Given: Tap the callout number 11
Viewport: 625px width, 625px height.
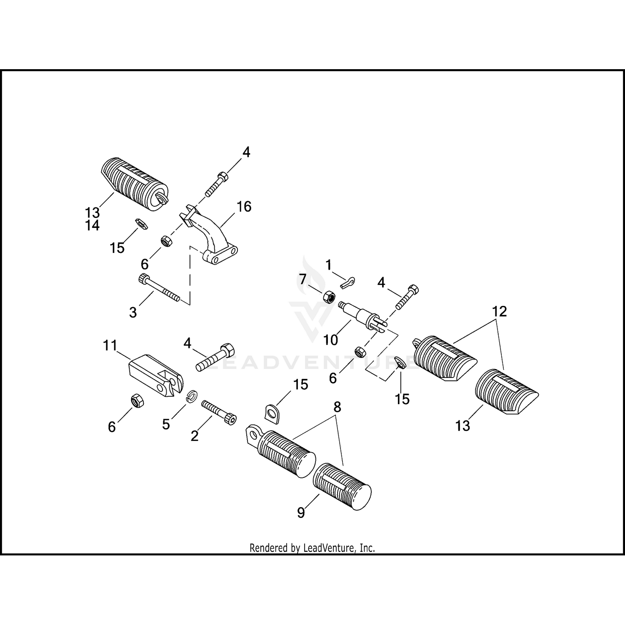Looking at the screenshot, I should point(110,345).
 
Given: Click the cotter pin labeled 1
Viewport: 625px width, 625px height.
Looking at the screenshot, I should point(347,282).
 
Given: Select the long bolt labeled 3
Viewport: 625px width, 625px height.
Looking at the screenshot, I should point(159,288).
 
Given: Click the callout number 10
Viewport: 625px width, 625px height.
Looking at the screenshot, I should point(330,340).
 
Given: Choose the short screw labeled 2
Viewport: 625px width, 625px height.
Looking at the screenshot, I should point(218,412).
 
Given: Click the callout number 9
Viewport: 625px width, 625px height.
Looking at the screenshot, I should point(301,512).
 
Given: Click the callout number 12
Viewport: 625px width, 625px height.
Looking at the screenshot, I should point(500,311).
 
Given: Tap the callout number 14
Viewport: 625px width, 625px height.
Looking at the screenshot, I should point(92,225).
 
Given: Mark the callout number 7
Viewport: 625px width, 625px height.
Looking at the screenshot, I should point(302,279).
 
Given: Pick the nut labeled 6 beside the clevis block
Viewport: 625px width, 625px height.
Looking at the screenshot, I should point(137,400).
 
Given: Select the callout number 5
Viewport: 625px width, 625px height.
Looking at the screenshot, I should point(166,424).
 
